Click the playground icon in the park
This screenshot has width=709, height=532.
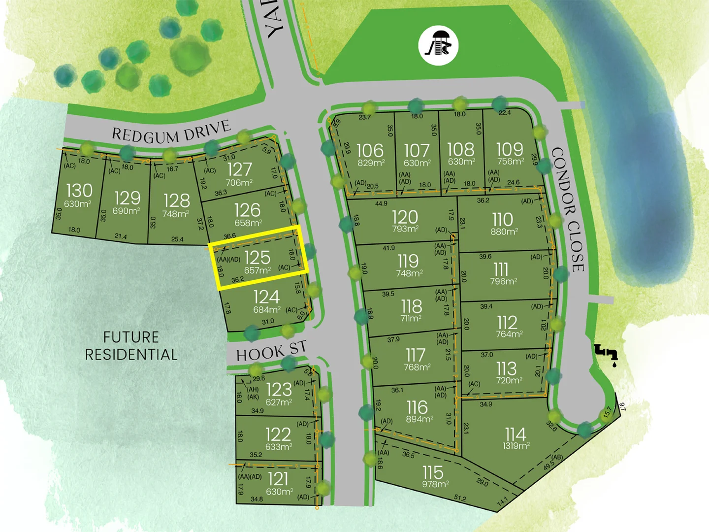coord(438,45)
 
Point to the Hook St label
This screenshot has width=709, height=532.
coord(271,351)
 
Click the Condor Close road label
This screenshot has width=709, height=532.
coord(568,209)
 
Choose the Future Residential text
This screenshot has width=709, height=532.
coord(131,346)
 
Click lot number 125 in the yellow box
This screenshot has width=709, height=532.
coord(257,257)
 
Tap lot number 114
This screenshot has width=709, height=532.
coord(516,434)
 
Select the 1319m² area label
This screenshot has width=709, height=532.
coord(516,446)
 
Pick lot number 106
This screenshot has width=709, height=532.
coord(369,150)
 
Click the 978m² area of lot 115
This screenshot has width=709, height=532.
coord(435,484)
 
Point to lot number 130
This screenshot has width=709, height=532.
coord(79,190)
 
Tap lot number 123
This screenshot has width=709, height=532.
coord(279,390)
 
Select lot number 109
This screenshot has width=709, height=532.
coord(510,149)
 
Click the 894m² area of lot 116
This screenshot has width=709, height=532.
coord(419,419)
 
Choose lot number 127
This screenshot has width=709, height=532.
coord(239,169)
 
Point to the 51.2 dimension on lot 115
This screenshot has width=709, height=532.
coord(460,499)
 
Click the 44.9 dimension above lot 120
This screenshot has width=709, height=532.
coord(381,203)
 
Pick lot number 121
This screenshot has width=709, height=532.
coord(278,479)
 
